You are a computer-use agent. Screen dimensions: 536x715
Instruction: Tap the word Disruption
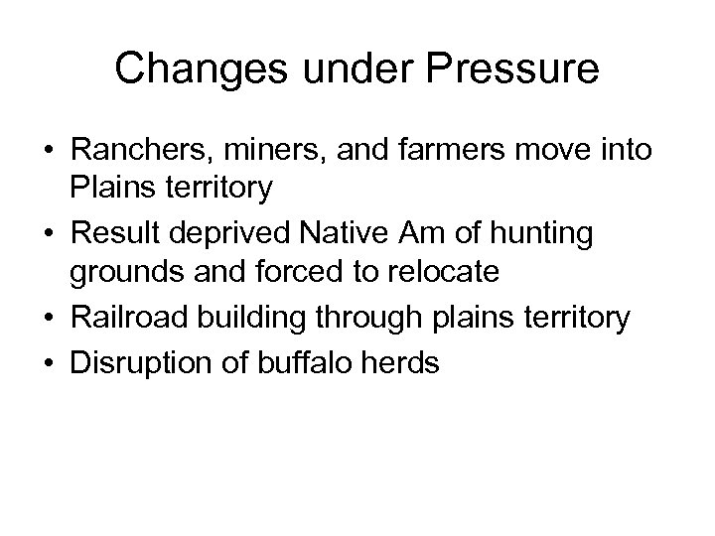click(133, 361)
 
